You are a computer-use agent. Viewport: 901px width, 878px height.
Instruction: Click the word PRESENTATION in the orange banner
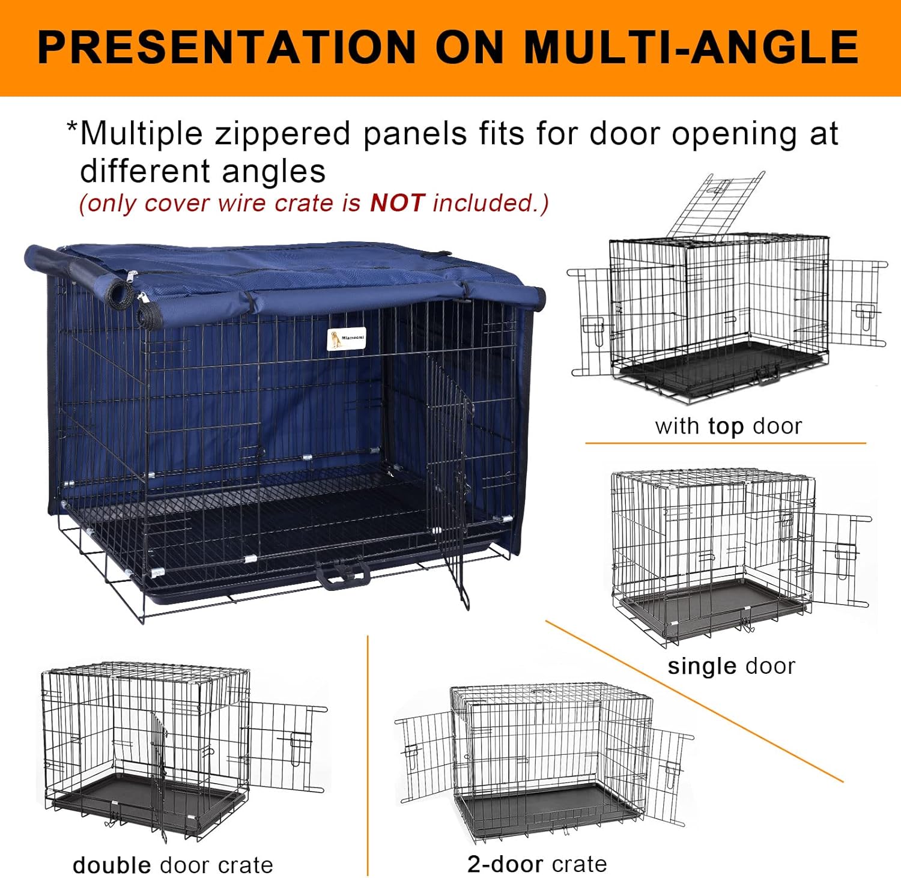coord(226,47)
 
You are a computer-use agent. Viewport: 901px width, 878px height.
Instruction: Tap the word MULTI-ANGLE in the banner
coord(691,47)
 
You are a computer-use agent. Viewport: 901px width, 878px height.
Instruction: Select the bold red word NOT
coord(397,203)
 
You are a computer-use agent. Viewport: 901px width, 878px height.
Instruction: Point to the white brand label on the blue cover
coord(346,339)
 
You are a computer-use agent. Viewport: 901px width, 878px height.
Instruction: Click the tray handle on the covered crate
coord(343,577)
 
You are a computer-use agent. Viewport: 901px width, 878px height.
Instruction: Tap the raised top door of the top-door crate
coord(716,204)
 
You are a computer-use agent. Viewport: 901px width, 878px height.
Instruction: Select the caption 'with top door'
coord(728,426)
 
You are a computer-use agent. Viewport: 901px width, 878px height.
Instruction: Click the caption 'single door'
coord(731,666)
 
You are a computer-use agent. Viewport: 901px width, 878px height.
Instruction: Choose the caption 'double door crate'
coord(172,865)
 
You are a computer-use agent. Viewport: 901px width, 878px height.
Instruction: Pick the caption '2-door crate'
coord(537,864)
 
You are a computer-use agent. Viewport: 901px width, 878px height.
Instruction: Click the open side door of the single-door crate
coord(839,559)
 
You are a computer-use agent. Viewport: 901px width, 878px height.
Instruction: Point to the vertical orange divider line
coord(368,757)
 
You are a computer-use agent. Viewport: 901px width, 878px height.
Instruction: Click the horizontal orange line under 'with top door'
coord(725,443)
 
